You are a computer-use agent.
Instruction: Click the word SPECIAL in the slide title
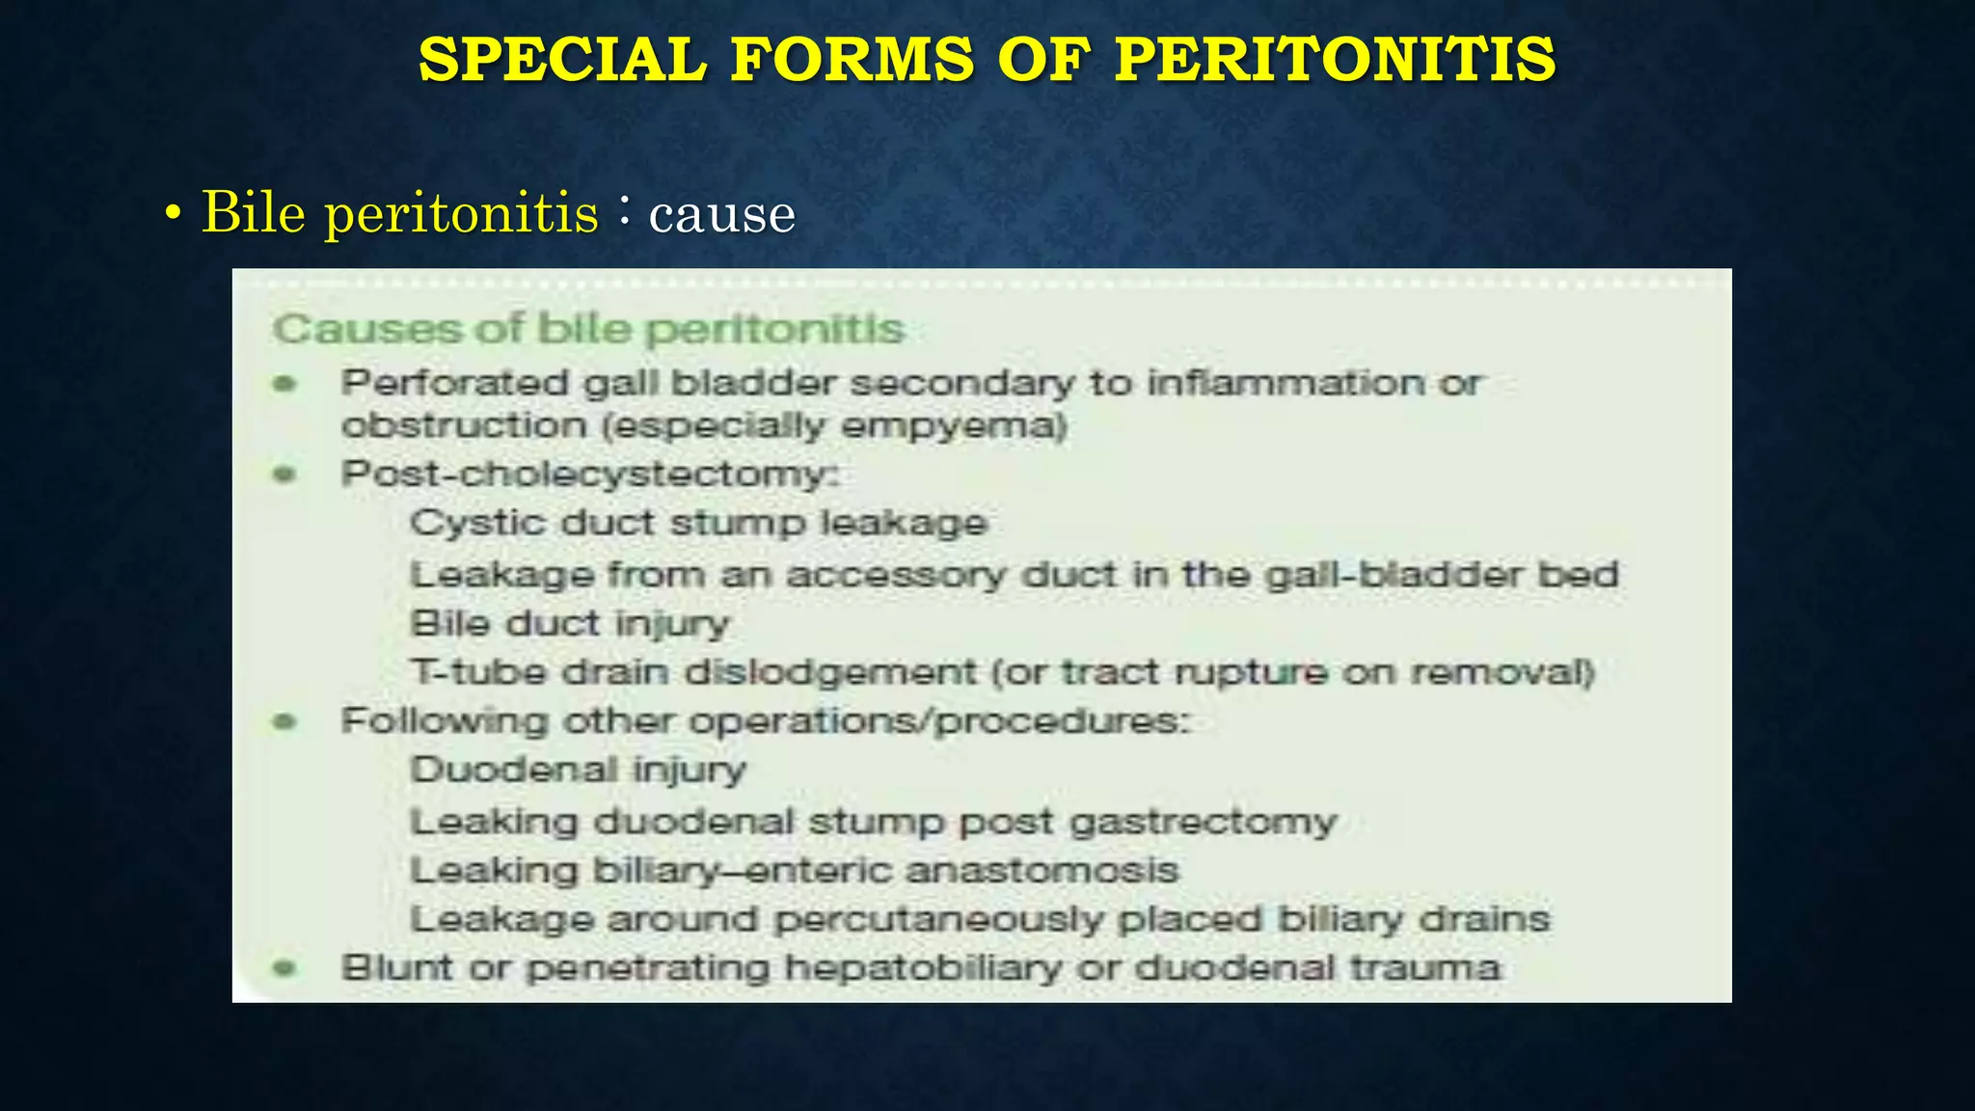[562, 59]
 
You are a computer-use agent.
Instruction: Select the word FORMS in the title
[852, 59]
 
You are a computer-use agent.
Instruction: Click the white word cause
[721, 214]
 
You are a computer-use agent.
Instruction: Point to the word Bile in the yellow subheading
[252, 212]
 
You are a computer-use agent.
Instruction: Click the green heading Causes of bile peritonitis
[588, 330]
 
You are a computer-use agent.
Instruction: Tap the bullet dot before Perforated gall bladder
[284, 384]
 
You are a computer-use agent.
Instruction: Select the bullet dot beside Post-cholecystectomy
[284, 474]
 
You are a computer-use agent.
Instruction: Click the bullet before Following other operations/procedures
[284, 721]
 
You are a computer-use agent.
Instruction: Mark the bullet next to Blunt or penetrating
[284, 967]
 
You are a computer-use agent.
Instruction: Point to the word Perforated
[455, 384]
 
